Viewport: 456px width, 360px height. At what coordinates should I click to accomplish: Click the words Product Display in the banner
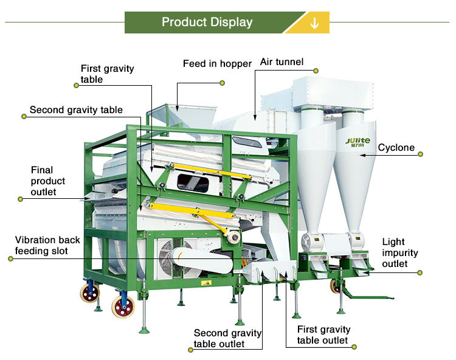pos(207,22)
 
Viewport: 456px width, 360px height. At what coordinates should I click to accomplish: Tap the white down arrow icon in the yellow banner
pos(314,23)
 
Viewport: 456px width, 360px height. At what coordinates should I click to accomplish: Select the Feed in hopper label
pos(217,64)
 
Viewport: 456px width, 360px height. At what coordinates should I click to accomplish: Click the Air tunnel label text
pos(282,62)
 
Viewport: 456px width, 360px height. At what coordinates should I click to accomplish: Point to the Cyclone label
pos(396,148)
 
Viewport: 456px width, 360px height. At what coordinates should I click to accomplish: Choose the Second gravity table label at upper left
pos(76,110)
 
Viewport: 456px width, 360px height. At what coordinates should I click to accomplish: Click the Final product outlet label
pos(48,181)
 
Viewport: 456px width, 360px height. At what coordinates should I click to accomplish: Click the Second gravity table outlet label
pos(227,338)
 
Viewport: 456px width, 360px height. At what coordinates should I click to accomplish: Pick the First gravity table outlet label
pos(323,334)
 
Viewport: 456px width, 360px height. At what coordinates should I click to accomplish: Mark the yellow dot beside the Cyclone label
pos(420,154)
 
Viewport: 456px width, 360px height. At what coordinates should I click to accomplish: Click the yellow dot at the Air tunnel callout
pos(316,71)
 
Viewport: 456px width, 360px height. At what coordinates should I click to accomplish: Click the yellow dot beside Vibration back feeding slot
pos(10,259)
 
